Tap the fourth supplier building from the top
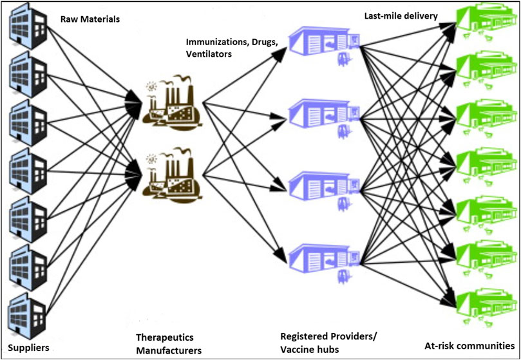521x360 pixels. [26, 169]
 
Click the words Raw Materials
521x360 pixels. [90, 19]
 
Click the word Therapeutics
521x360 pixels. [165, 337]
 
